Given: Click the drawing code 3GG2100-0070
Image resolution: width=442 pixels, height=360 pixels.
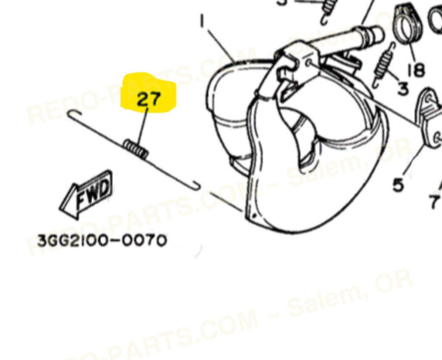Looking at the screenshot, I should [x=102, y=240].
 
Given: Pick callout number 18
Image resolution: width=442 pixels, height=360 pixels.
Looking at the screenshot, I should [x=416, y=69].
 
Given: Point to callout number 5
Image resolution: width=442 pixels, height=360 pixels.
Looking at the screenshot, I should [x=398, y=185].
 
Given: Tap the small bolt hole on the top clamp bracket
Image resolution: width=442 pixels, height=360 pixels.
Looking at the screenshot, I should [x=310, y=61].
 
